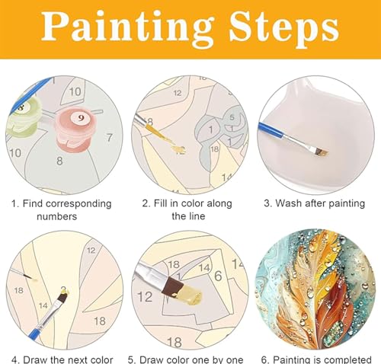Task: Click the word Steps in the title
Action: [283, 27]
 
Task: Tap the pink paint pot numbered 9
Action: [75, 130]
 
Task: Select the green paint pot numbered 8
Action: [24, 116]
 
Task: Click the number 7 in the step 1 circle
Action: [109, 137]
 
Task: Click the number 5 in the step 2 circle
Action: [232, 117]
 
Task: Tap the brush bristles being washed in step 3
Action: [321, 152]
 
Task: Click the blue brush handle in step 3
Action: [271, 130]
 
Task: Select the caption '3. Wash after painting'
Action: [314, 203]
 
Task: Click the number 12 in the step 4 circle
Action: [91, 251]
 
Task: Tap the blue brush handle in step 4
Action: [37, 330]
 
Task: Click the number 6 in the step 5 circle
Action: [218, 276]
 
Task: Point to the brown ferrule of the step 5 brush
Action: [174, 286]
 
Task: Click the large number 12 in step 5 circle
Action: [145, 296]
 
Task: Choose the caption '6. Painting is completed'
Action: [316, 359]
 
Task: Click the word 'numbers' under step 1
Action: [57, 216]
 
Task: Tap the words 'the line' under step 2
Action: [188, 216]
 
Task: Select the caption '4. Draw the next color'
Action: [62, 359]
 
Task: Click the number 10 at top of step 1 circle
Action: [75, 91]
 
